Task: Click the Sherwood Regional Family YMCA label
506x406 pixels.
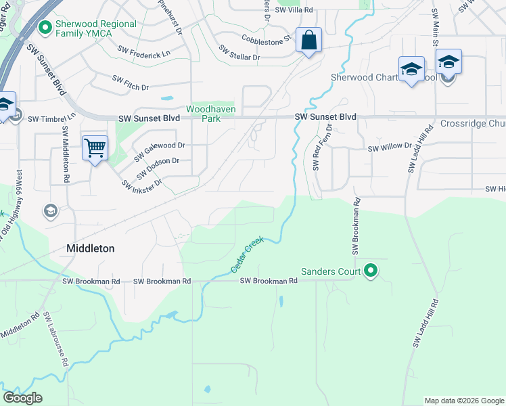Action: (x=96, y=29)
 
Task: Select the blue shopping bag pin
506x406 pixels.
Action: (x=308, y=40)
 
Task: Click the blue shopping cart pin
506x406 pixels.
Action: (x=95, y=147)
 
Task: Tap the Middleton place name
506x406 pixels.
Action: (x=91, y=248)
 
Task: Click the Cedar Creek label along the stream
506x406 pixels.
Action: (x=247, y=258)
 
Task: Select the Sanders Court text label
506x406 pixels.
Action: (x=330, y=272)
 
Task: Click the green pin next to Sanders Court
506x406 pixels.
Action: (x=370, y=271)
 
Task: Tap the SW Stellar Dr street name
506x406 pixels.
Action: (x=239, y=53)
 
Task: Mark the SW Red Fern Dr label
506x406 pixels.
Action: (x=322, y=147)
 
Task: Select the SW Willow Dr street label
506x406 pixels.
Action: (x=390, y=147)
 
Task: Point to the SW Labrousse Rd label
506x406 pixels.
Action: (x=56, y=339)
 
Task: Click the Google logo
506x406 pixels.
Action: (x=22, y=398)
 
